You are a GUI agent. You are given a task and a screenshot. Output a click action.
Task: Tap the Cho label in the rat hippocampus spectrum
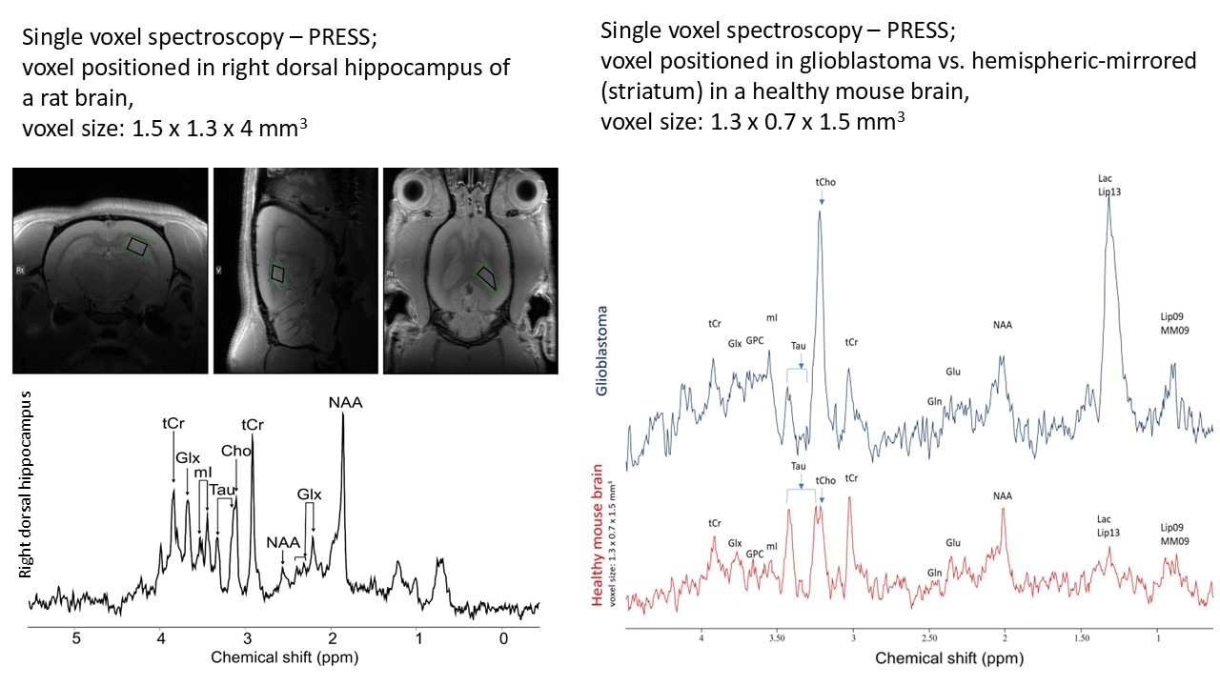[x=235, y=451]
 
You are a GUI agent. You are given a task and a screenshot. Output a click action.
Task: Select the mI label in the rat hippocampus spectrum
[x=203, y=473]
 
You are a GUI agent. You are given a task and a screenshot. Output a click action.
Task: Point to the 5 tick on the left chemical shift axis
[x=76, y=639]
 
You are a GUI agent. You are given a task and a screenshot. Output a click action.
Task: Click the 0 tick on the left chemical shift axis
[x=503, y=639]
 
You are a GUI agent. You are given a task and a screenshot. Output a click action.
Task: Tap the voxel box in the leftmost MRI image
[x=139, y=247]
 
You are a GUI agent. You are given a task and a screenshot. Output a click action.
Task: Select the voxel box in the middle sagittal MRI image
[x=278, y=274]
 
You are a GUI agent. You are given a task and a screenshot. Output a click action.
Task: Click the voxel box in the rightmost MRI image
[x=487, y=278]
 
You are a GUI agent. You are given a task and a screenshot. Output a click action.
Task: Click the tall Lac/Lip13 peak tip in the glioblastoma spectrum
[x=1108, y=198]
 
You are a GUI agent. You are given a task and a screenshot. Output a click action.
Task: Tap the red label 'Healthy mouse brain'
[x=598, y=535]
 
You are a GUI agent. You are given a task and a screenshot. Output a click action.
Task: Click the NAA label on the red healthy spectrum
[x=1002, y=496]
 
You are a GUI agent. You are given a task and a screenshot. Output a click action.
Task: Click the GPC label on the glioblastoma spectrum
[x=754, y=340]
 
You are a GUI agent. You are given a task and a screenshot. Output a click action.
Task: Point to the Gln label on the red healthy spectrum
[x=934, y=573]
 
